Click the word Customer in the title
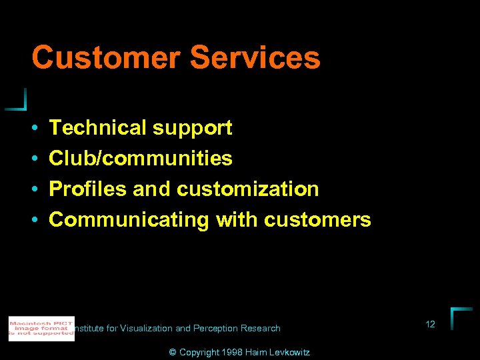coord(106,57)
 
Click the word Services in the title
coord(255,57)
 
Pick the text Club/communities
coord(141,158)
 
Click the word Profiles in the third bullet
coord(87,189)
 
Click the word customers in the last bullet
coord(317,220)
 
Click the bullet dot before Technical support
coord(33,128)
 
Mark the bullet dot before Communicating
coord(33,220)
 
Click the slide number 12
coord(430,324)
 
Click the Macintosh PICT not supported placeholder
coord(41,329)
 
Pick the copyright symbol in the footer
coord(173,352)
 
